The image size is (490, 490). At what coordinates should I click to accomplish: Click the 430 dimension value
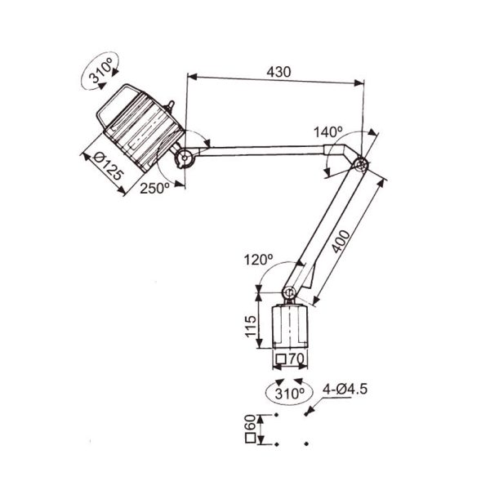click(x=278, y=72)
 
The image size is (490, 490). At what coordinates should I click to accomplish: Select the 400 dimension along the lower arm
click(x=341, y=241)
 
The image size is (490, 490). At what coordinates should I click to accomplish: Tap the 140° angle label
click(x=327, y=131)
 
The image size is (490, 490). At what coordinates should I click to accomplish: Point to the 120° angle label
click(x=258, y=260)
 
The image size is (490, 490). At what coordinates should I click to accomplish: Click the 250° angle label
click(x=154, y=188)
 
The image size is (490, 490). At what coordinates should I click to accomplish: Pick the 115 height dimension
click(x=251, y=326)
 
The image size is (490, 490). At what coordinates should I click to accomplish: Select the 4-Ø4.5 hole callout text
click(x=345, y=390)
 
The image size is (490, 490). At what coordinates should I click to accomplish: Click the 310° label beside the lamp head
click(x=100, y=72)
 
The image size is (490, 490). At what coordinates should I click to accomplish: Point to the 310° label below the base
click(x=289, y=394)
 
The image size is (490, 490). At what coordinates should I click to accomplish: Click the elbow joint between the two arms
click(x=361, y=164)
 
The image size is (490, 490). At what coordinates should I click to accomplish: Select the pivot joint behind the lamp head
click(x=185, y=157)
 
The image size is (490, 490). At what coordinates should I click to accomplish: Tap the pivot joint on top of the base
click(x=289, y=292)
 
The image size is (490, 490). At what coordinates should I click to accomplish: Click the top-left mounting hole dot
click(x=276, y=415)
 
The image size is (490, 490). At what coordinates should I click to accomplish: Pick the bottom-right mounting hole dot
click(x=306, y=443)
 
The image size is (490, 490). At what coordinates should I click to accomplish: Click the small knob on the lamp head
click(x=170, y=105)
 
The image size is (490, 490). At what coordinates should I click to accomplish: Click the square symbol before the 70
click(x=281, y=359)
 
